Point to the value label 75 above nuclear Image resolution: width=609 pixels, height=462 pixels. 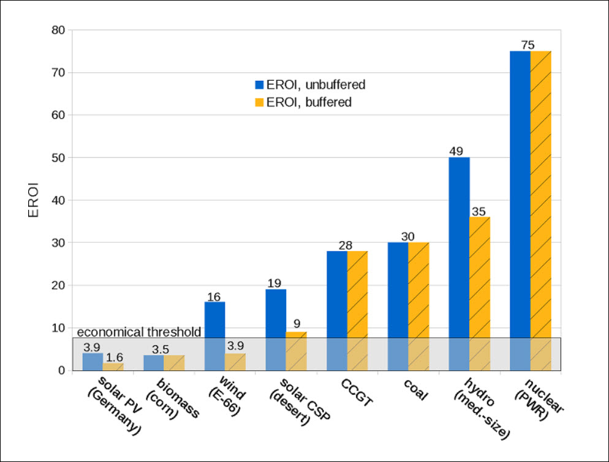pyautogui.click(x=528, y=45)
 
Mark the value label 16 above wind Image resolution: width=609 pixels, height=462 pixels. pyautogui.click(x=214, y=296)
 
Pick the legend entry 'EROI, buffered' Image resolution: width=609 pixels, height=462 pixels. pyautogui.click(x=303, y=102)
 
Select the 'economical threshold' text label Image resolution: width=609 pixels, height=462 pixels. pyautogui.click(x=139, y=332)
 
